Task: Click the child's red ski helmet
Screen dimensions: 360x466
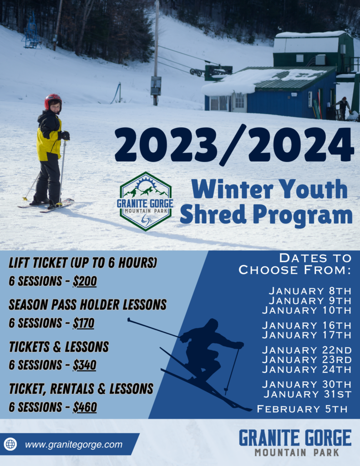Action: (x=53, y=101)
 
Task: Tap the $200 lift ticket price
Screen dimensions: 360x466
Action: (x=85, y=281)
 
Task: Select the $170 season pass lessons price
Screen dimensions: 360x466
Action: (x=84, y=323)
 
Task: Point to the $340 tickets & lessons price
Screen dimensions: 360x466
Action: (x=85, y=365)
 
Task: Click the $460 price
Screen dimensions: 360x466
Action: (x=85, y=407)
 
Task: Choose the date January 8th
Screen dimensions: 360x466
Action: (x=310, y=291)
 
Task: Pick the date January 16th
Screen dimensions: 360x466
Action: (x=307, y=325)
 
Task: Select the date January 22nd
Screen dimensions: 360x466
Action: (x=307, y=350)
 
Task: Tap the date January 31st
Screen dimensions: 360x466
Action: (x=308, y=394)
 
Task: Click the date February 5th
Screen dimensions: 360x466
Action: (x=302, y=409)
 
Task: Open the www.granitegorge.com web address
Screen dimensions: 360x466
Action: (x=74, y=445)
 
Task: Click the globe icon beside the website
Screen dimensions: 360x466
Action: (x=10, y=444)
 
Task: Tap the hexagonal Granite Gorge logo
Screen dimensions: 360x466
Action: (x=145, y=201)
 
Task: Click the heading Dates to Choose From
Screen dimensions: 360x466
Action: (x=295, y=264)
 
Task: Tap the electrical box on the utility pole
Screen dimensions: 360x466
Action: (x=156, y=86)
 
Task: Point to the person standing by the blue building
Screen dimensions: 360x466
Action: (x=344, y=108)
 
